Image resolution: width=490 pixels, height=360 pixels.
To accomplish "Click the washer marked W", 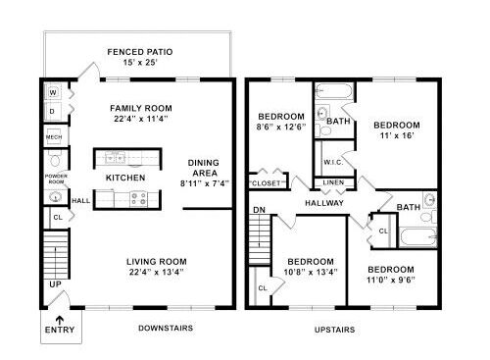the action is (53, 92).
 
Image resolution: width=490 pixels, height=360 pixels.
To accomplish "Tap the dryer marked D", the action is (53, 111).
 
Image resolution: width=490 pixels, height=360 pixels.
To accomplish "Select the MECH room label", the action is (54, 137).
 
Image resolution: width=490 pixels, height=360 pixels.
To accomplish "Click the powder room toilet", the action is (55, 159).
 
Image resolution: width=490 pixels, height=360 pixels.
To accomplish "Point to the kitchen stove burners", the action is (139, 199).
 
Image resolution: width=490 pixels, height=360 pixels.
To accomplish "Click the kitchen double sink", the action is (115, 158).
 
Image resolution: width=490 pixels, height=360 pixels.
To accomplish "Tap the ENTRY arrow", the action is (60, 319).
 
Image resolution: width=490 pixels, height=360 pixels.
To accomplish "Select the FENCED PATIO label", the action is (140, 52).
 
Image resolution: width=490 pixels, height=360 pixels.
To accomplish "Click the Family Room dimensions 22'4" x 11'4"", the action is (141, 119).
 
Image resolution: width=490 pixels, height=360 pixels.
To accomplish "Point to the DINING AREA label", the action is (204, 168).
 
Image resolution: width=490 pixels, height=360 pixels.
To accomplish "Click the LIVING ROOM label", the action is (157, 262).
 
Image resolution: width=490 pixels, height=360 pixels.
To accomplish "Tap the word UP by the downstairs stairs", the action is (55, 284).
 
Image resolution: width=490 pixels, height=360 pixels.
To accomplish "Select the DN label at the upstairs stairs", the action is (259, 210).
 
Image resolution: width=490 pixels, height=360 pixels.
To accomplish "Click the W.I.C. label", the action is (333, 162).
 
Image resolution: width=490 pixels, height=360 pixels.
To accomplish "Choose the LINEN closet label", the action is (333, 182).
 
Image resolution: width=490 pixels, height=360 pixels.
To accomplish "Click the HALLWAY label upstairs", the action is (324, 203).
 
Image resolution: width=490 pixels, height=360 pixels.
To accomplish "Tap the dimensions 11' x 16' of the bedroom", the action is (397, 135).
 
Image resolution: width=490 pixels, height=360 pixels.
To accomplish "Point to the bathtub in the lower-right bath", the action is (418, 236).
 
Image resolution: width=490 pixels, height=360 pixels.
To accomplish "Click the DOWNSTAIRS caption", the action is (166, 328).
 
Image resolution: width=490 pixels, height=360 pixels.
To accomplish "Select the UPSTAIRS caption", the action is (334, 330).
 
